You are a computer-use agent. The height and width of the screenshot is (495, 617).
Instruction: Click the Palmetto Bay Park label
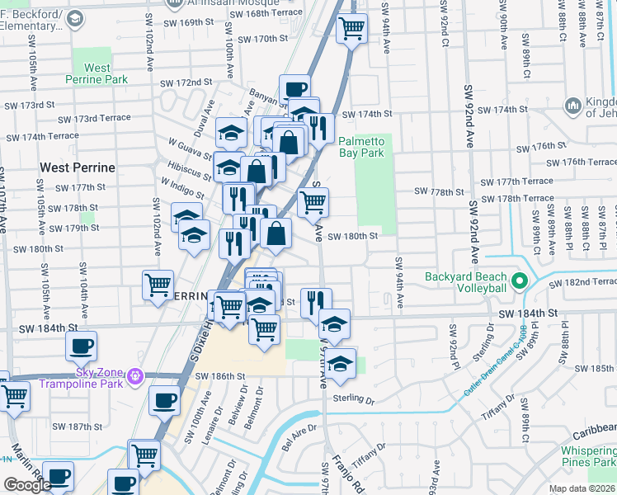click(361, 147)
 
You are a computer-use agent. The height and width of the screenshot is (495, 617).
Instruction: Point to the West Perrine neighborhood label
click(78, 167)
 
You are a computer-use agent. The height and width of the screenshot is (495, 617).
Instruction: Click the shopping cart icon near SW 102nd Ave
click(158, 285)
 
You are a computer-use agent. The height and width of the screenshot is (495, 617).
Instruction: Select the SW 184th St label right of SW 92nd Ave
click(529, 313)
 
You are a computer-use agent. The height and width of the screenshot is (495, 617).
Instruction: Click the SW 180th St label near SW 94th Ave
click(352, 236)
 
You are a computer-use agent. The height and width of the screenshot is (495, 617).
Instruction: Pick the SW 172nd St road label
click(186, 83)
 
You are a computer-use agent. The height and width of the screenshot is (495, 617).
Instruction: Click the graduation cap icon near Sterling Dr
click(340, 362)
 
